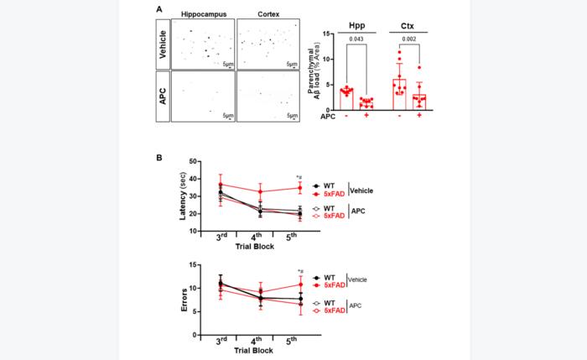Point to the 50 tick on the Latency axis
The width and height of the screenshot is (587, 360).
pyautogui.click(x=194, y=162)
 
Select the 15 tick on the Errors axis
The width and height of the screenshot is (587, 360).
pyautogui.click(x=194, y=265)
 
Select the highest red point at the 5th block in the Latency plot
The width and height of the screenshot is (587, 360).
pyautogui.click(x=300, y=187)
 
